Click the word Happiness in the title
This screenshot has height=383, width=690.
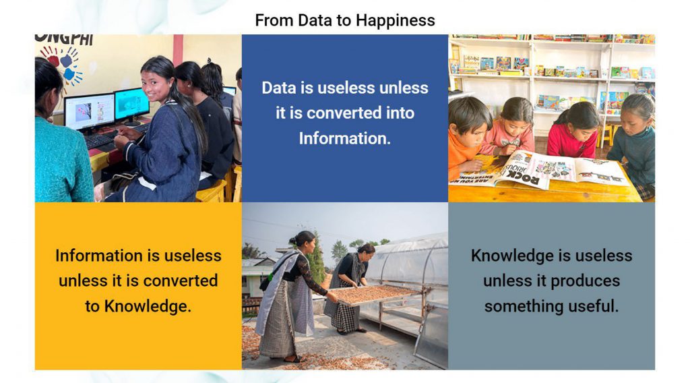395,21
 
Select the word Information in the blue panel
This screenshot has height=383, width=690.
345,138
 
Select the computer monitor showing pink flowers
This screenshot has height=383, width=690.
90,112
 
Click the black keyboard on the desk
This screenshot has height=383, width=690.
100,140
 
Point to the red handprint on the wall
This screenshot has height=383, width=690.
53,58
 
